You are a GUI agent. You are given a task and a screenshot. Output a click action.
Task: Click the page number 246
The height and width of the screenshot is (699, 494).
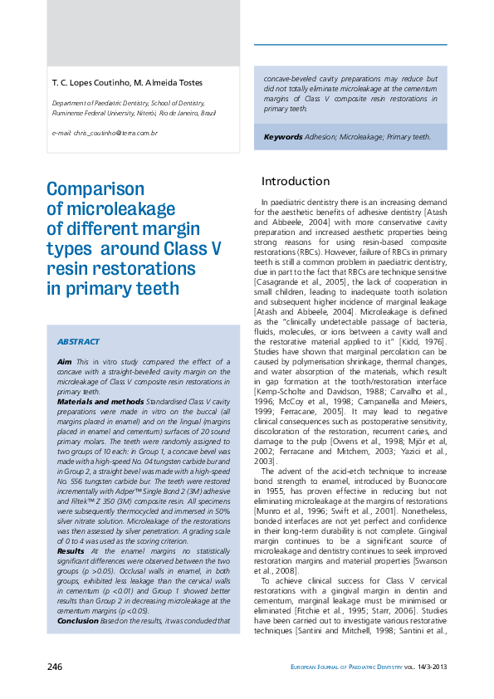tap(56, 667)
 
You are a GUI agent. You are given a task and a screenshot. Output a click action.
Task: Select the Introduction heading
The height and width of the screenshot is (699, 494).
tap(296, 181)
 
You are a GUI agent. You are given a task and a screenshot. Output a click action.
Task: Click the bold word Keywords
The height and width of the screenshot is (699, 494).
tap(282, 136)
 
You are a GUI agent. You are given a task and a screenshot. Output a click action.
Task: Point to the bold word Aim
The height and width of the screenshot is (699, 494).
tap(64, 363)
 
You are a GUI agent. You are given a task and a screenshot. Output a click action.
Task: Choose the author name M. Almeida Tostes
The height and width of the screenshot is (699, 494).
tap(164, 82)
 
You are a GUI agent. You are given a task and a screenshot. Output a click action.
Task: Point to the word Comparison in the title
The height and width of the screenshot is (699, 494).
tap(95, 189)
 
